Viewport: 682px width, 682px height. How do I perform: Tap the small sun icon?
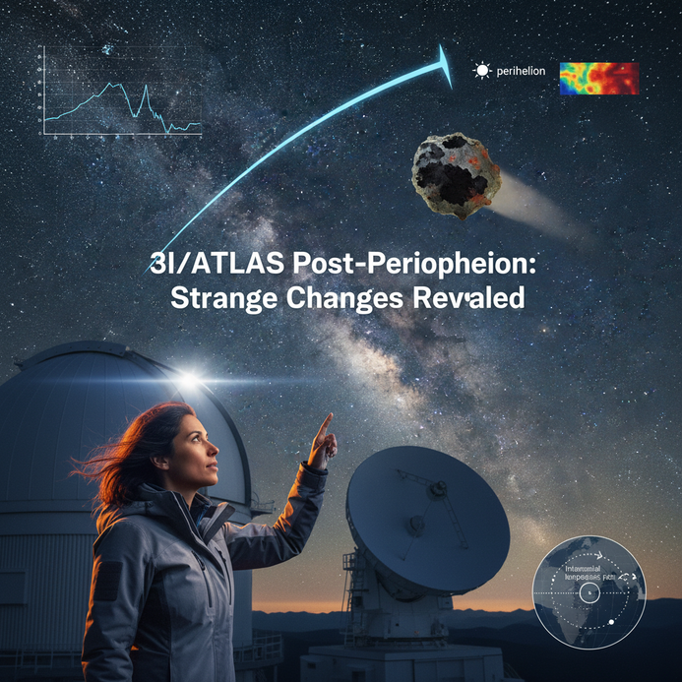coord(481,71)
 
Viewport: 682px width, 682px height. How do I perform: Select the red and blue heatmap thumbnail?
coord(598,79)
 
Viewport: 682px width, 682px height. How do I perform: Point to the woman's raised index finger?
coord(327,420)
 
